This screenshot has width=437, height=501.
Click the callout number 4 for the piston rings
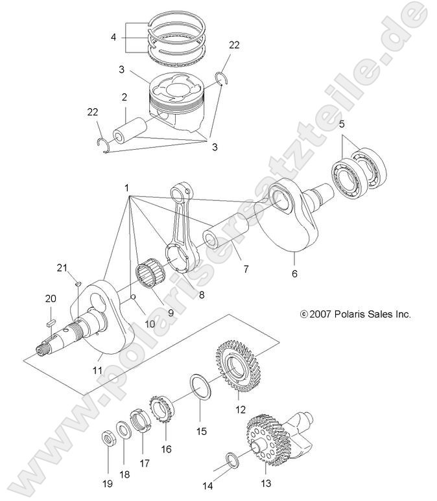tap(113, 37)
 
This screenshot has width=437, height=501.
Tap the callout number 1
tap(127, 187)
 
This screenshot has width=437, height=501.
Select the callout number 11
tap(98, 369)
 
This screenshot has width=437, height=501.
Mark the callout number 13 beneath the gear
tap(266, 483)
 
